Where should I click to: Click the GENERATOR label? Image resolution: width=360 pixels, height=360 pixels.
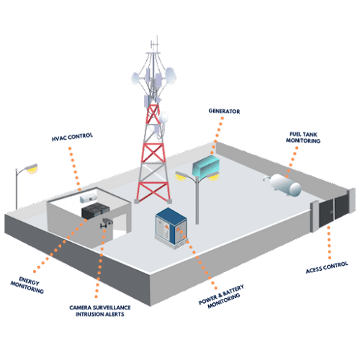point(224,111)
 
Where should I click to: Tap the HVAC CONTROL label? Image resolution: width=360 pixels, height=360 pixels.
point(72,137)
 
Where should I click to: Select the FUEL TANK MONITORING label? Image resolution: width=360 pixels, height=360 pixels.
point(303,138)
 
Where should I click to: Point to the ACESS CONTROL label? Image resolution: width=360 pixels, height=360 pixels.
point(327,267)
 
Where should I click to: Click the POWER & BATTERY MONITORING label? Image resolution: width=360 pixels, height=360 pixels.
point(222,296)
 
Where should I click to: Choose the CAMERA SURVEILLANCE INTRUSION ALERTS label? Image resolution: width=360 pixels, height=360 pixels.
point(100,311)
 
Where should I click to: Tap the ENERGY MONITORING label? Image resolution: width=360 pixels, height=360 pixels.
point(27,285)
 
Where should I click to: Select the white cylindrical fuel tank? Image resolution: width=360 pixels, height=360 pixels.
point(284,184)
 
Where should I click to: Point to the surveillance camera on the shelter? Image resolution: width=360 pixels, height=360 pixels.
point(107,222)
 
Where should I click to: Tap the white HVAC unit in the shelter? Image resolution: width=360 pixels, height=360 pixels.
point(89,197)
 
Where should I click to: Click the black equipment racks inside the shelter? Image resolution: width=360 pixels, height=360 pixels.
point(95,210)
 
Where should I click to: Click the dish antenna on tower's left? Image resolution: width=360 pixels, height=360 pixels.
point(135,78)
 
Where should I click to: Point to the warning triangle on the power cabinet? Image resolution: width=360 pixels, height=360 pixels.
point(178,230)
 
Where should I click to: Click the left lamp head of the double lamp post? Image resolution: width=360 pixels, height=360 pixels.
point(181,176)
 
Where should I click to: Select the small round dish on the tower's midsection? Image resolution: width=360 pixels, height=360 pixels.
point(164,118)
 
